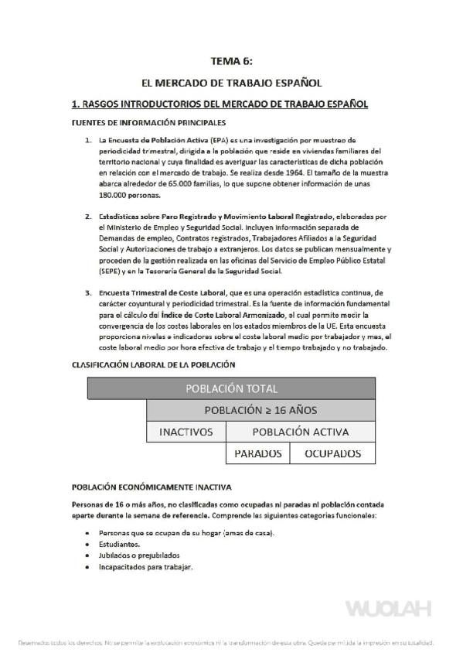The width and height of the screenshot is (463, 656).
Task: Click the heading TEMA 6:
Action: point(231,60)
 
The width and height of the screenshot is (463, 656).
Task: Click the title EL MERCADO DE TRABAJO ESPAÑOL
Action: point(231,81)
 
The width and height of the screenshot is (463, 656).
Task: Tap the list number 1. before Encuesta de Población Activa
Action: point(89,140)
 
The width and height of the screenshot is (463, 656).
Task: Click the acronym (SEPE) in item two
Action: point(113,272)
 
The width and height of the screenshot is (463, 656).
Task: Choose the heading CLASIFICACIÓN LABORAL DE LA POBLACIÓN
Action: point(153,364)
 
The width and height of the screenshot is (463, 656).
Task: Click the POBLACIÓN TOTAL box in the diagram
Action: point(231,388)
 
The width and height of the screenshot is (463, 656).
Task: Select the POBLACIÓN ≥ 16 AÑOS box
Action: point(260,410)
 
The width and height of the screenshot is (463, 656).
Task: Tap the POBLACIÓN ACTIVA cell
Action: point(300,432)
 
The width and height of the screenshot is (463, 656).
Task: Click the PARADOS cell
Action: point(257,454)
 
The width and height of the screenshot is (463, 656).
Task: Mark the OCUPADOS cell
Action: point(333,454)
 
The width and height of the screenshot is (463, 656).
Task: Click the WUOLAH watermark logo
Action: point(388,609)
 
